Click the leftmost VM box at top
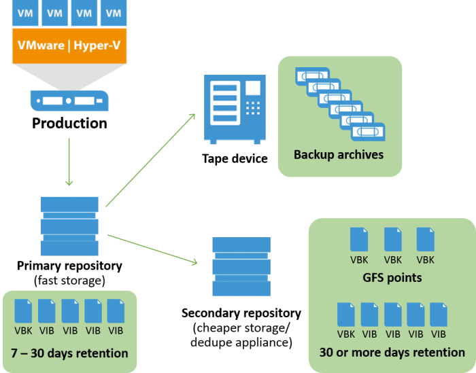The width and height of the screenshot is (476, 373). [25, 13]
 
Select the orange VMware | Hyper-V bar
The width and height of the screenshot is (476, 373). [69, 47]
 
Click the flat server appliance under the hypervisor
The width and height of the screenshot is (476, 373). [69, 101]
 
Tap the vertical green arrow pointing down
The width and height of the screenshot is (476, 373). [69, 162]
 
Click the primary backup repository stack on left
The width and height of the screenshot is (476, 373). [69, 226]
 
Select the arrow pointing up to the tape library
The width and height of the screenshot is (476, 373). [150, 160]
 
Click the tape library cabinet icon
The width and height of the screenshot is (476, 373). [235, 109]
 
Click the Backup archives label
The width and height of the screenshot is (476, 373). [338, 154]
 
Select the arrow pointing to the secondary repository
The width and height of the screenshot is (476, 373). [153, 249]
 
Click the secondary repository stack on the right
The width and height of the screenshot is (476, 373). [241, 266]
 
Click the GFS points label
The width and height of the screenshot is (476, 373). [392, 277]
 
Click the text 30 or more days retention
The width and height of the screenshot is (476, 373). [392, 352]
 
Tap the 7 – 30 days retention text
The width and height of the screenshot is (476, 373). [69, 353]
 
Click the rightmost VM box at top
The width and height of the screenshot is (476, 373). [114, 13]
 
